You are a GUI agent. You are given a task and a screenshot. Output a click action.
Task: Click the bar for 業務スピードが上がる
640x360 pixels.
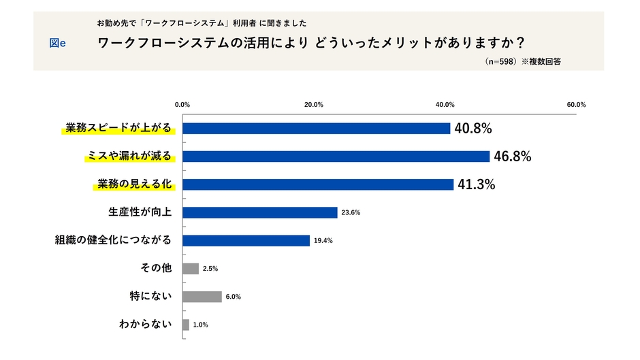[316, 128]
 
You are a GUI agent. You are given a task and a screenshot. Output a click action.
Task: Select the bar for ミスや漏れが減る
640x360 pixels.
[336, 157]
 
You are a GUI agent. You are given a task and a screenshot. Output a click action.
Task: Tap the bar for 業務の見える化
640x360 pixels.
[318, 184]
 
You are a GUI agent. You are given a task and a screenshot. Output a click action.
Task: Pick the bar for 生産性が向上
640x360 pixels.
[260, 212]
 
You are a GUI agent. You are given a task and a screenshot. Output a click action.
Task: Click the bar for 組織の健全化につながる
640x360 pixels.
[246, 240]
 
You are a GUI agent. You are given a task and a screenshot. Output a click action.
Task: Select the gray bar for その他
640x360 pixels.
[191, 269]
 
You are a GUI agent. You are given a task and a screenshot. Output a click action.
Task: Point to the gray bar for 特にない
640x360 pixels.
[202, 297]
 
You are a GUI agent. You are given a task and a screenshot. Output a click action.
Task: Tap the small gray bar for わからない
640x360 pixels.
[186, 325]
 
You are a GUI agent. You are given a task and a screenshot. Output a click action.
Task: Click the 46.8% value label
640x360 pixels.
[512, 157]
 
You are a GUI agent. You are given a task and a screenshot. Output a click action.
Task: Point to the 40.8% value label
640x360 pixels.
[473, 128]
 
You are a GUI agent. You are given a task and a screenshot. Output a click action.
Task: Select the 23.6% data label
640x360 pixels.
[351, 213]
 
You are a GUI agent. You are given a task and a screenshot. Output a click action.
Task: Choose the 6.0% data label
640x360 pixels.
[234, 297]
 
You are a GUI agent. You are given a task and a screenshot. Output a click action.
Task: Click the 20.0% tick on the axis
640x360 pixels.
[313, 105]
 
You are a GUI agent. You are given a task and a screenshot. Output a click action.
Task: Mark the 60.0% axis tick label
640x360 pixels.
[576, 105]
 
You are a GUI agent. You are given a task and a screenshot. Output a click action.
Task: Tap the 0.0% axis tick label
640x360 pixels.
[182, 105]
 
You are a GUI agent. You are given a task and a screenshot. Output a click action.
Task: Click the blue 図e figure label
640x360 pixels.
[58, 43]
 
